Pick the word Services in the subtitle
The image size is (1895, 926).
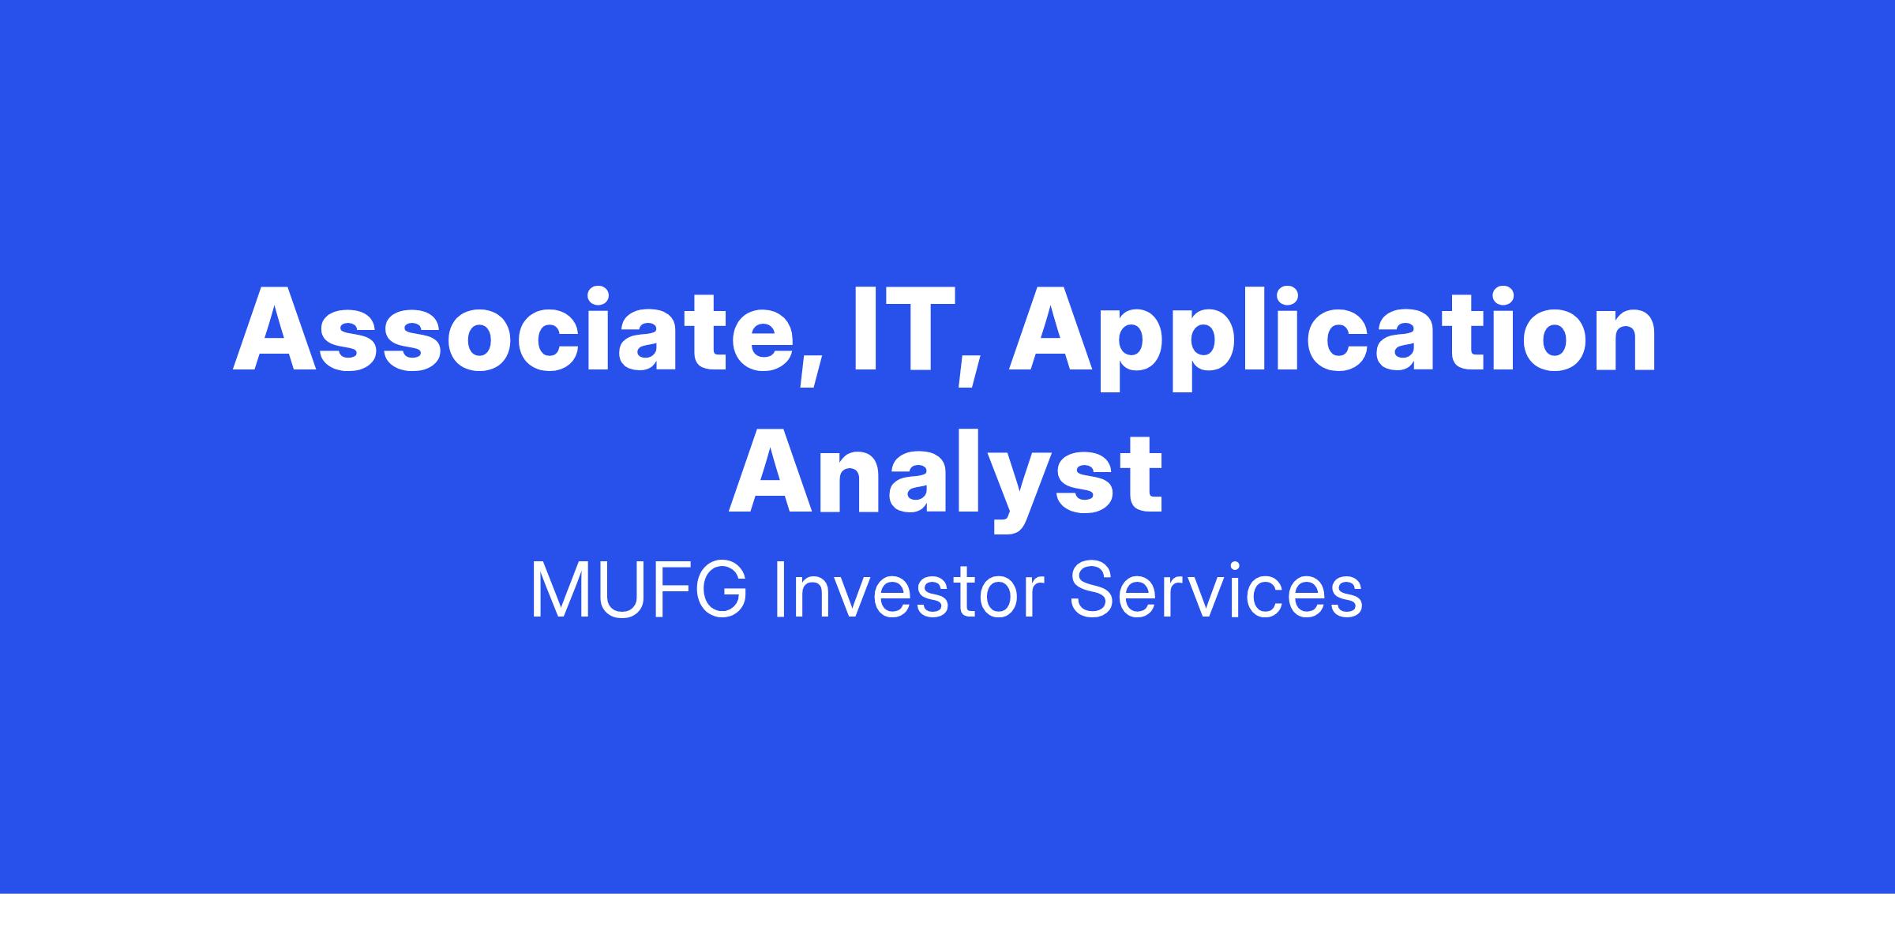pyautogui.click(x=1216, y=590)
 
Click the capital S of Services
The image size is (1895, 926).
pyautogui.click(x=1093, y=590)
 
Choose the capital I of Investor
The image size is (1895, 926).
pyautogui.click(x=781, y=590)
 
